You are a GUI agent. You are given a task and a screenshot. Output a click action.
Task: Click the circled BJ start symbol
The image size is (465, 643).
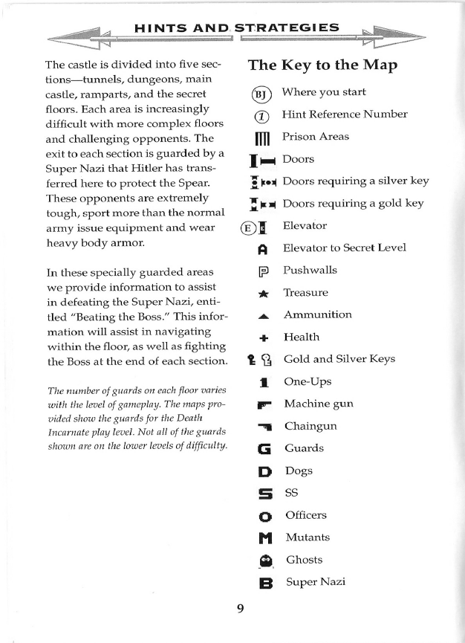click(x=261, y=94)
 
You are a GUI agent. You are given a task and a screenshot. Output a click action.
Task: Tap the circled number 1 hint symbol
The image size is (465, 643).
click(x=261, y=115)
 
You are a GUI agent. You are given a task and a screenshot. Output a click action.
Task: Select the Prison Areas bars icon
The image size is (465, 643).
click(x=261, y=138)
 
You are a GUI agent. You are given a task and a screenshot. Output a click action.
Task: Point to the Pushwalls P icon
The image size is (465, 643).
click(x=261, y=271)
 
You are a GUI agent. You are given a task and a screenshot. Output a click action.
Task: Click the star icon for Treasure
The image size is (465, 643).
click(x=261, y=293)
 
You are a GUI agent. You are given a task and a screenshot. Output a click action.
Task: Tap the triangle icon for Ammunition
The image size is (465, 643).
click(x=261, y=315)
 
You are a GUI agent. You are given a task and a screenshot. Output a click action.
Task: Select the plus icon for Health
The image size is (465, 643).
click(x=261, y=337)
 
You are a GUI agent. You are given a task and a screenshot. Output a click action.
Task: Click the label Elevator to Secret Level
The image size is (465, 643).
click(x=344, y=248)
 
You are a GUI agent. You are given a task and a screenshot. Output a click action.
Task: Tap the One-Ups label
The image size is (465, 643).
click(x=308, y=381)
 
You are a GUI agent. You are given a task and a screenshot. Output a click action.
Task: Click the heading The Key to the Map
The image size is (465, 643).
click(x=322, y=65)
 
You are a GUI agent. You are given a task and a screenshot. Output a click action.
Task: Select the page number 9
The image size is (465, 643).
click(x=240, y=609)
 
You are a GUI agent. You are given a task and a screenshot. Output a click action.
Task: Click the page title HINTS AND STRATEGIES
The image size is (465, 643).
click(x=237, y=28)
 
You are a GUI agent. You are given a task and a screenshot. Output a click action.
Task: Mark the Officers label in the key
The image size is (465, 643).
click(x=305, y=515)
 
